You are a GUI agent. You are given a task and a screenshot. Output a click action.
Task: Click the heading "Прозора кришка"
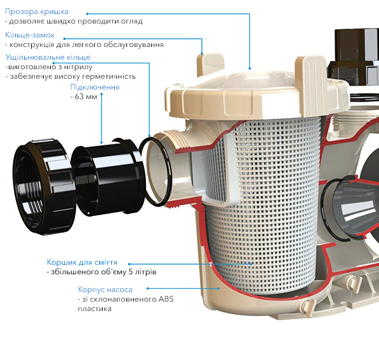coord(37,11)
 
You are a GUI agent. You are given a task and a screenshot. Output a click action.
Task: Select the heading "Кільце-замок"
coord(30,35)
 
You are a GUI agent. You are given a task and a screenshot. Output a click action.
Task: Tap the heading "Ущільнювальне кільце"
coord(48,57)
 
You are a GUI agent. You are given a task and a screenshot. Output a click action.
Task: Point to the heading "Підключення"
coord(95,87)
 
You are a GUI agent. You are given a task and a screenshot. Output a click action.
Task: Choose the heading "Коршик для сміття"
coord(82,262)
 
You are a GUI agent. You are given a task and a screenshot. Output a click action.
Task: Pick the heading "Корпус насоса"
coord(105,290)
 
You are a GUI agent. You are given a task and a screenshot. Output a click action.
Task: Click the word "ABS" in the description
coord(166,299)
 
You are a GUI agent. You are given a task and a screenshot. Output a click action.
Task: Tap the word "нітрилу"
coord(79,67)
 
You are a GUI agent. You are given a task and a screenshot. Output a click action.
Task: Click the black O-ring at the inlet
coord(155,171)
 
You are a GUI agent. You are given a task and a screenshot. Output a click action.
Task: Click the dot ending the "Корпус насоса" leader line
coord(218,288)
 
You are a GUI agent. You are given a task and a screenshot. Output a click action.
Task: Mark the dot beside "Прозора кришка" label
coord(87,14)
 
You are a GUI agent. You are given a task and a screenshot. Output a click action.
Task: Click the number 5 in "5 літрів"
coord(131,272)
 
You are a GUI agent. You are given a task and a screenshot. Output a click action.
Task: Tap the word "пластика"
coord(95,309)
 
